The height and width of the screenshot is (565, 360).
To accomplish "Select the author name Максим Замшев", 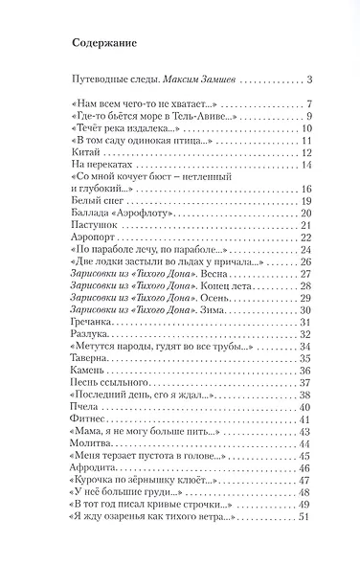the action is [191, 79].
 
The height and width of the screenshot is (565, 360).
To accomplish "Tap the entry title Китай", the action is [84, 152].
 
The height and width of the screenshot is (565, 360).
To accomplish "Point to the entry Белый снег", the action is [101, 202].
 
